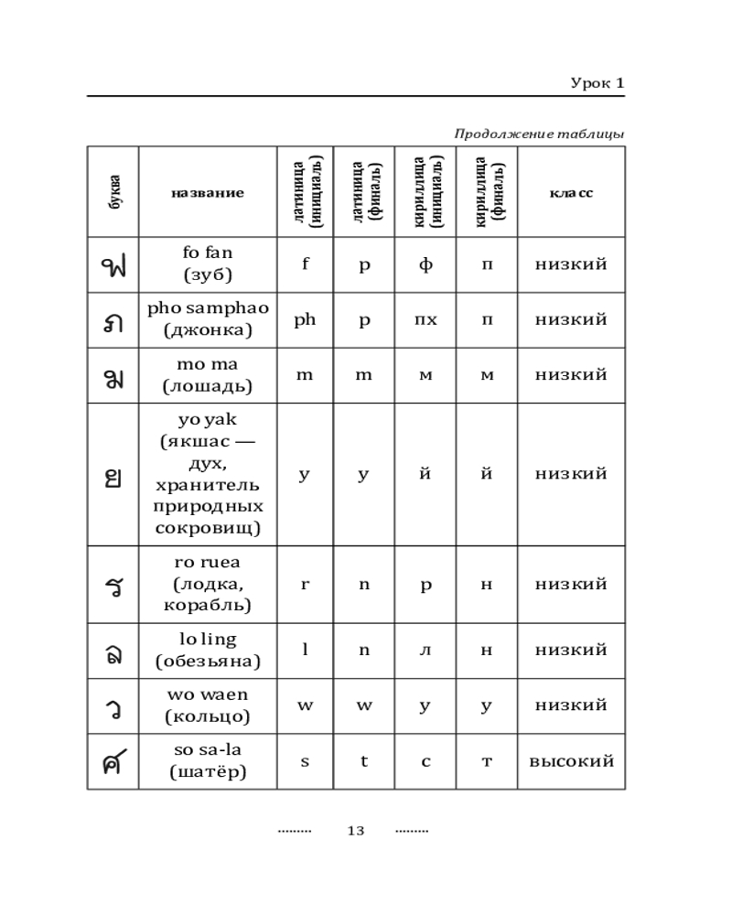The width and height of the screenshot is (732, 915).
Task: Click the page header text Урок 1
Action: point(597,83)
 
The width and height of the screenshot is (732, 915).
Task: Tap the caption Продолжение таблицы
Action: point(539,135)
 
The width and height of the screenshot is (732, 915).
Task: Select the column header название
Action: point(207,193)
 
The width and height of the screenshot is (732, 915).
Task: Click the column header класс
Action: point(571,193)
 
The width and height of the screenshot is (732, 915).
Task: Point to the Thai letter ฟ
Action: point(113,265)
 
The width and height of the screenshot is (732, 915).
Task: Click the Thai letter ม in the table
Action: point(113,376)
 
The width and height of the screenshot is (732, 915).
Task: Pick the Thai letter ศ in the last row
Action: point(113,762)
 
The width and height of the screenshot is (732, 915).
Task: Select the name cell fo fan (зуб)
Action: point(207,264)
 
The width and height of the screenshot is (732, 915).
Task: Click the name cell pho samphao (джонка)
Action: point(207,319)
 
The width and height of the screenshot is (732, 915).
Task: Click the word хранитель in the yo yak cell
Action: point(207,484)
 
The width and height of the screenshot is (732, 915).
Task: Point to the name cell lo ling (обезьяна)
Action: point(207,650)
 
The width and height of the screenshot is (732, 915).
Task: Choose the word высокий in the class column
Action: point(571,761)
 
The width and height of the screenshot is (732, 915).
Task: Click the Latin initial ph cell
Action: point(305,319)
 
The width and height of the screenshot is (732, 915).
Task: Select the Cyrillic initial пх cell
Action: point(425,320)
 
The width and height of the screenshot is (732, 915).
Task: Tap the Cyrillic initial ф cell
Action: point(425,265)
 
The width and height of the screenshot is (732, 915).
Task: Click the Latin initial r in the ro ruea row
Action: point(305,584)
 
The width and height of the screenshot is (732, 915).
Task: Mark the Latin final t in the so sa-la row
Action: point(363,761)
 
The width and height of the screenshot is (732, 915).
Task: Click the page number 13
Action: point(356,831)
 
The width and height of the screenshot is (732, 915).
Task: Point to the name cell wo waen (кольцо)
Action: point(207,705)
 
